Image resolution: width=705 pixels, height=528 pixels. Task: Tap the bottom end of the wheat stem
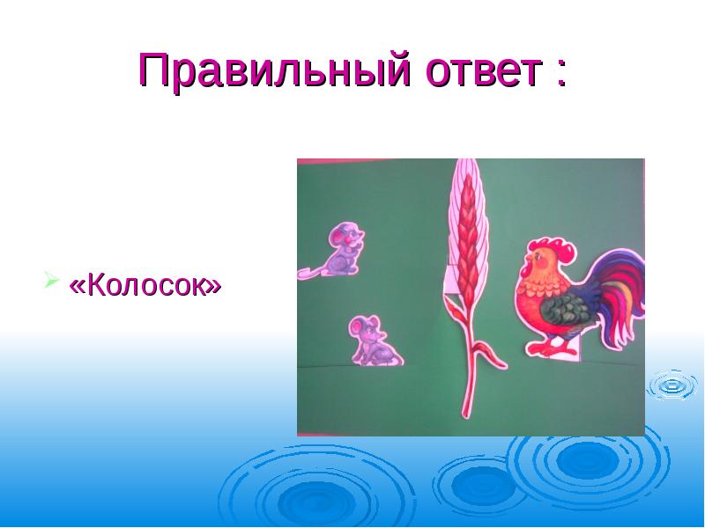pos(464,412)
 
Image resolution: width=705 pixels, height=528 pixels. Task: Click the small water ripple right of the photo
pos(673,385)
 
